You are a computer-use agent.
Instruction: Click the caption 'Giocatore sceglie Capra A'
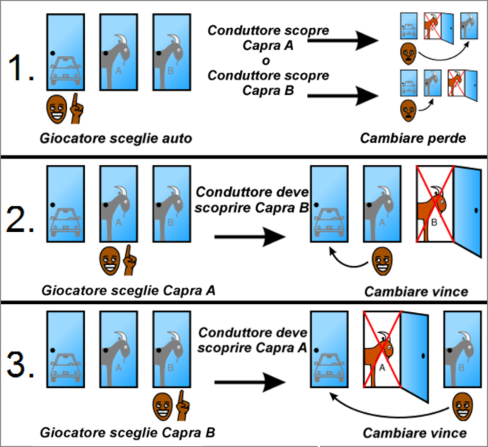coord(128,292)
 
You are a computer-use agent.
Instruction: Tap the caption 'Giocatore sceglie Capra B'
coord(128,432)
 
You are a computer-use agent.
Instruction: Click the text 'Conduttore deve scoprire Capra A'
coord(251,339)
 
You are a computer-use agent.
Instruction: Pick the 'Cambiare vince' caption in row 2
coord(416,292)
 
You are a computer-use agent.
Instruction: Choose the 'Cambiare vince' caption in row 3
coord(416,432)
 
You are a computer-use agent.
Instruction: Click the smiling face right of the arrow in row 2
coord(381,258)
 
